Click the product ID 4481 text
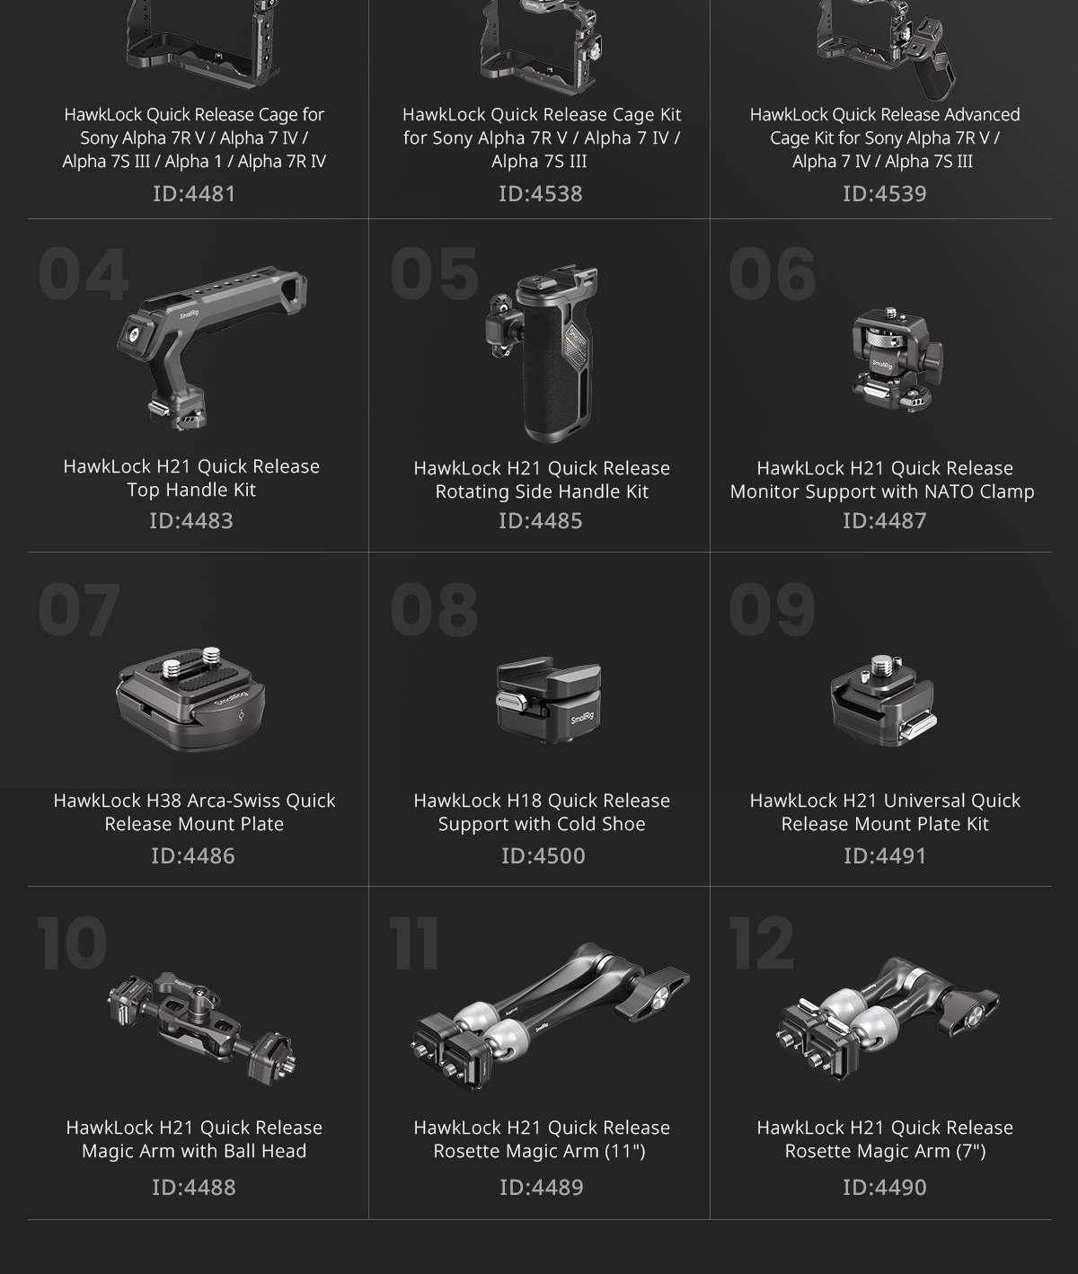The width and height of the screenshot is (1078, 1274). click(194, 193)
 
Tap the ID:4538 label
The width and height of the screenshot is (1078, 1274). click(541, 193)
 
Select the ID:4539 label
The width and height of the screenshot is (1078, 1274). click(885, 193)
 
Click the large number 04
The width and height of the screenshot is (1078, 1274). click(84, 274)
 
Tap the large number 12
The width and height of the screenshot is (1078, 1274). click(762, 943)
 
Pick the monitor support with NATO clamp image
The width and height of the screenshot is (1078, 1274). click(897, 359)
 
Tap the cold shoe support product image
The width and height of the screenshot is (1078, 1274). click(549, 700)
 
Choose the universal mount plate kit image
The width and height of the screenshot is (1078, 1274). click(883, 701)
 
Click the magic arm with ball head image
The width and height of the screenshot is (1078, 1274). click(202, 1028)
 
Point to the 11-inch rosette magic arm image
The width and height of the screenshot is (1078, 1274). click(550, 1017)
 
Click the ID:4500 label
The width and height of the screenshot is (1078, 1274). click(543, 855)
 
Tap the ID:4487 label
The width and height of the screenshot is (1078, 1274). click(885, 521)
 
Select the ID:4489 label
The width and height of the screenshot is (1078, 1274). click(541, 1187)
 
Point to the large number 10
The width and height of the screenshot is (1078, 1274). click(72, 943)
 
